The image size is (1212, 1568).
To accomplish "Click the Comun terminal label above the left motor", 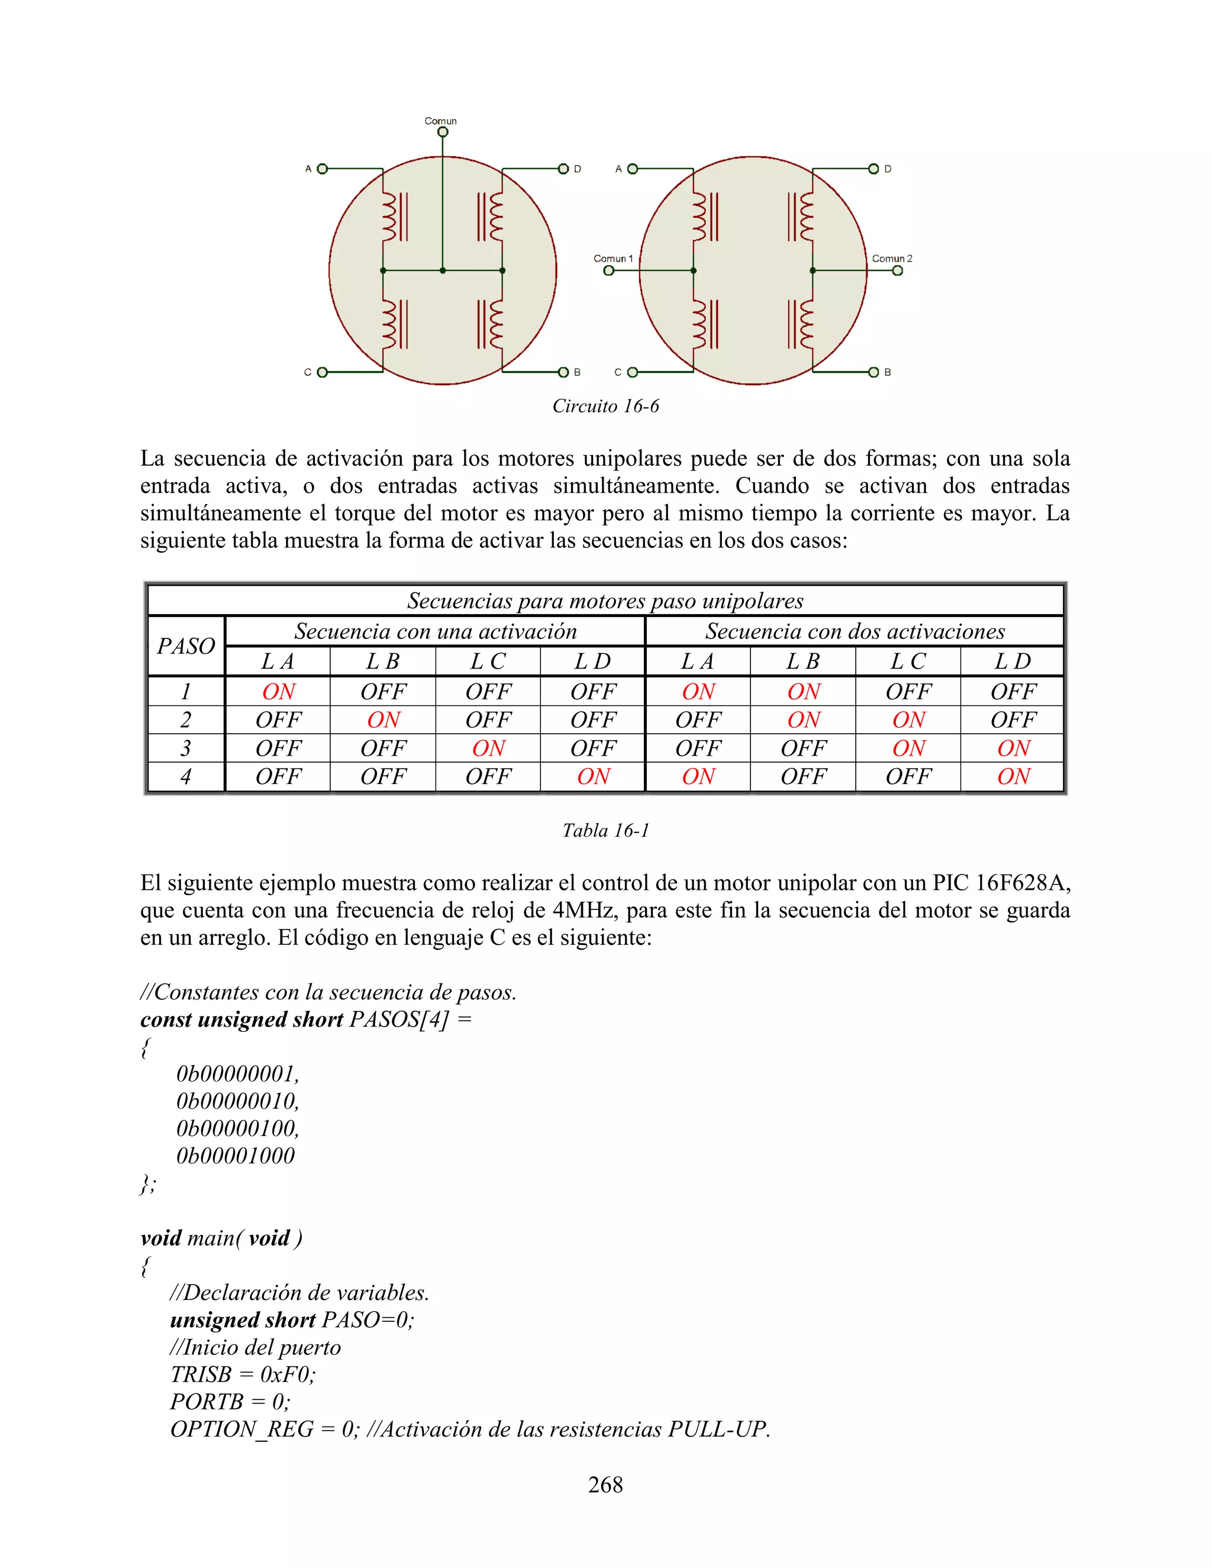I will (x=440, y=121).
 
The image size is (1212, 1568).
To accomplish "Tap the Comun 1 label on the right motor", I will (x=613, y=259).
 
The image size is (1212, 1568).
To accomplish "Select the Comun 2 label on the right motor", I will (x=892, y=259).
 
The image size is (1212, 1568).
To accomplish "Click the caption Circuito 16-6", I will (x=605, y=406).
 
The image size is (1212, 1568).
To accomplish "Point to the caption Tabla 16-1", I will (x=605, y=831).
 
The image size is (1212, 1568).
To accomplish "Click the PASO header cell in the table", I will (x=186, y=646).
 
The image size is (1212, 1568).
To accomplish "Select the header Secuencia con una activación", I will (x=435, y=631).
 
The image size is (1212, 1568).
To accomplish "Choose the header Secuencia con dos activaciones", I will (x=855, y=631).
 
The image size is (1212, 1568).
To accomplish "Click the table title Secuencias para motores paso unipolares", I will (x=605, y=601).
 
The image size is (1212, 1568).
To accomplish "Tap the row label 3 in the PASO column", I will (x=186, y=748).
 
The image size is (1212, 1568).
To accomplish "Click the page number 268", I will (x=605, y=1484).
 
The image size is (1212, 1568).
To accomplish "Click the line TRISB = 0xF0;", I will (x=243, y=1374).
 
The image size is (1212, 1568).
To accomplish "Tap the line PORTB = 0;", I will (x=230, y=1401).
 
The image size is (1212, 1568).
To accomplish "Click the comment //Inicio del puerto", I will (x=255, y=1347).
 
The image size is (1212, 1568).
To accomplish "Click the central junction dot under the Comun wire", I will (x=442, y=270).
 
